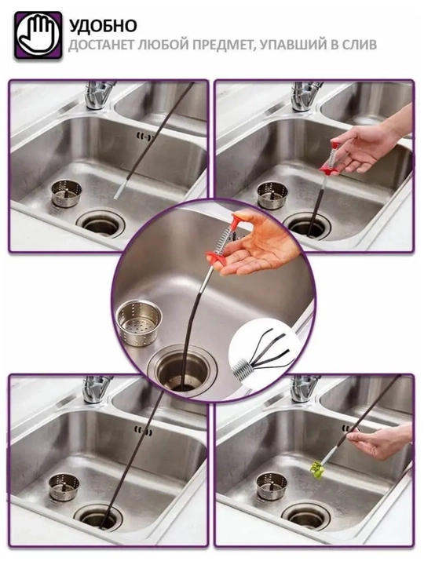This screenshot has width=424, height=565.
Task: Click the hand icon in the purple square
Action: tap(38, 35)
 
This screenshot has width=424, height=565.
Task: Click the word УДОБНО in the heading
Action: tap(103, 26)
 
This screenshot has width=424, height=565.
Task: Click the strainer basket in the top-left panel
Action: tap(66, 194)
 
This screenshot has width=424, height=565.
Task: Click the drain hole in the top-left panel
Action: tap(101, 225)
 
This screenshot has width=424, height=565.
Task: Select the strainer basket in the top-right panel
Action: tap(272, 195)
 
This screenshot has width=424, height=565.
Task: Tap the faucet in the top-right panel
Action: tap(305, 96)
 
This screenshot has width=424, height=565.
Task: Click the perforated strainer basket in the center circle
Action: tap(139, 323)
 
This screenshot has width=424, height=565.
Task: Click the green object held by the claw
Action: tap(317, 471)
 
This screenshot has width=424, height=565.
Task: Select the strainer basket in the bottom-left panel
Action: tap(64, 487)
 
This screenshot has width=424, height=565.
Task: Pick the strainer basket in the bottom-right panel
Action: tap(272, 486)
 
